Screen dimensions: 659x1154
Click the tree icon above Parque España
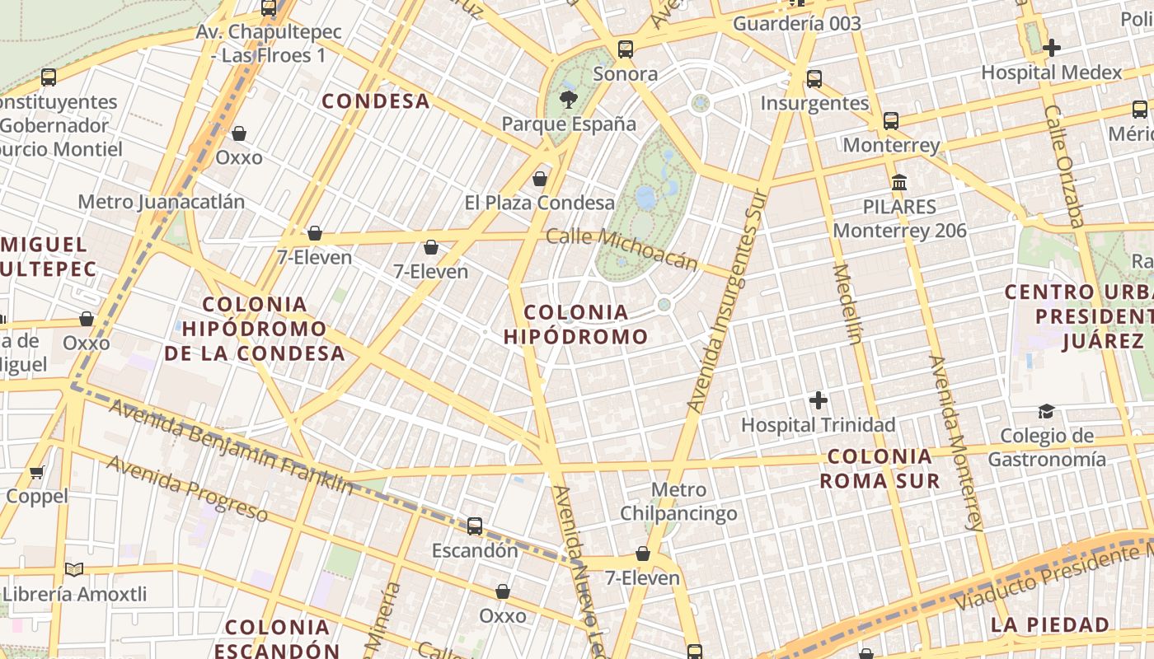(568, 100)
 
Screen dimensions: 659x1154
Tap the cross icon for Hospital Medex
(1051, 48)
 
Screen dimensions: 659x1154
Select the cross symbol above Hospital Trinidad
(818, 400)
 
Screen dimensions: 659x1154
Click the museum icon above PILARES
(899, 182)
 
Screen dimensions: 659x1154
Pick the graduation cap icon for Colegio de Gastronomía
(1046, 411)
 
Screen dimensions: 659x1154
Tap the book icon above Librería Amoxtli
(74, 569)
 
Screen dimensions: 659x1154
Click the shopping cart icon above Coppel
(36, 472)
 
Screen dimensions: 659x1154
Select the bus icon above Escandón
(475, 526)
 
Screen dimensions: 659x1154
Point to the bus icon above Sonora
(626, 49)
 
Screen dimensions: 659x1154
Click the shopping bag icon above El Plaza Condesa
(540, 178)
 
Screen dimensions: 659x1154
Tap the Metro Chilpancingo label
(678, 502)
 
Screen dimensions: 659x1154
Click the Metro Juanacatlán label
(162, 202)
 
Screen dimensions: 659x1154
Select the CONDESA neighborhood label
(376, 101)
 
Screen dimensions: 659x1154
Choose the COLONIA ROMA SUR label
(880, 468)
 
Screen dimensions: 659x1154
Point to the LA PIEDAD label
(1050, 624)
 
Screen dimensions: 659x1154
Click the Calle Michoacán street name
(622, 248)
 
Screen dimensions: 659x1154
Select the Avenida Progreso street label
(187, 488)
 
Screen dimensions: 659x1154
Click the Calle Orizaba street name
(1064, 165)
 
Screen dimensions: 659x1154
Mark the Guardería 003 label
(796, 24)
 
